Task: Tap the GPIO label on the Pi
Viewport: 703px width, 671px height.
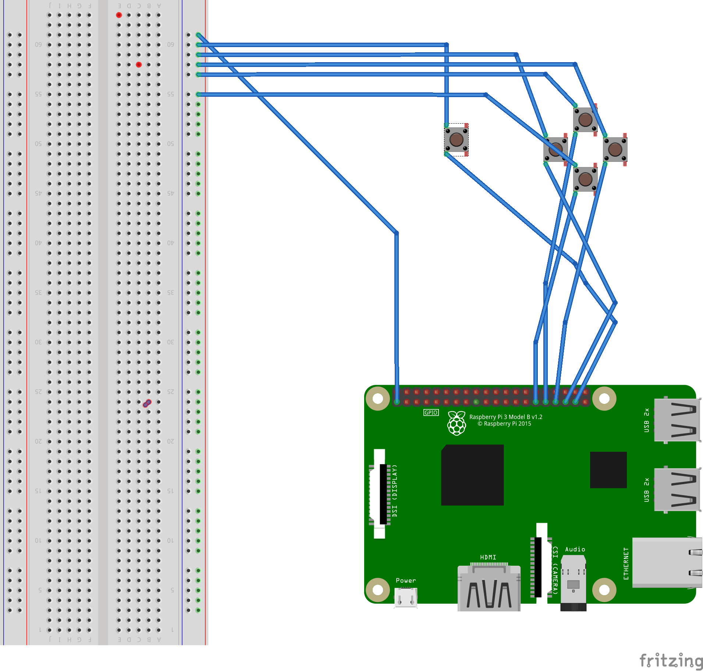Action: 431,412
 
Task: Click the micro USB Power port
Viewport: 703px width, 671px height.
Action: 406,597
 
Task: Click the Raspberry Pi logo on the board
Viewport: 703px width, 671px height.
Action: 457,423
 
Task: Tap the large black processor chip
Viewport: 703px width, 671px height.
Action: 472,475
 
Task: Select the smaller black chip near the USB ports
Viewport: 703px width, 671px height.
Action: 608,470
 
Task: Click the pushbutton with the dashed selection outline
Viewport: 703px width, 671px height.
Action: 457,140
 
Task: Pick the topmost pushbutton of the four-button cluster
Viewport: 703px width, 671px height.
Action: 585,120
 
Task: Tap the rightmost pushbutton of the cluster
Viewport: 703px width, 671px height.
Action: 615,149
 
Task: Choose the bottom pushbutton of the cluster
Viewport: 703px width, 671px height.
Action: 585,179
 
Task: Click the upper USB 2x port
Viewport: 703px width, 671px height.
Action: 677,420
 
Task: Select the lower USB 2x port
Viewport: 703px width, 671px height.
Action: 677,490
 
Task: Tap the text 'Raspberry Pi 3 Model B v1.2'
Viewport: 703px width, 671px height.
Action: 506,417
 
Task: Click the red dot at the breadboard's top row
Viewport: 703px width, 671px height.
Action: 119,15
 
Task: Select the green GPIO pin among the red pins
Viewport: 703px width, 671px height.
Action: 476,402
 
